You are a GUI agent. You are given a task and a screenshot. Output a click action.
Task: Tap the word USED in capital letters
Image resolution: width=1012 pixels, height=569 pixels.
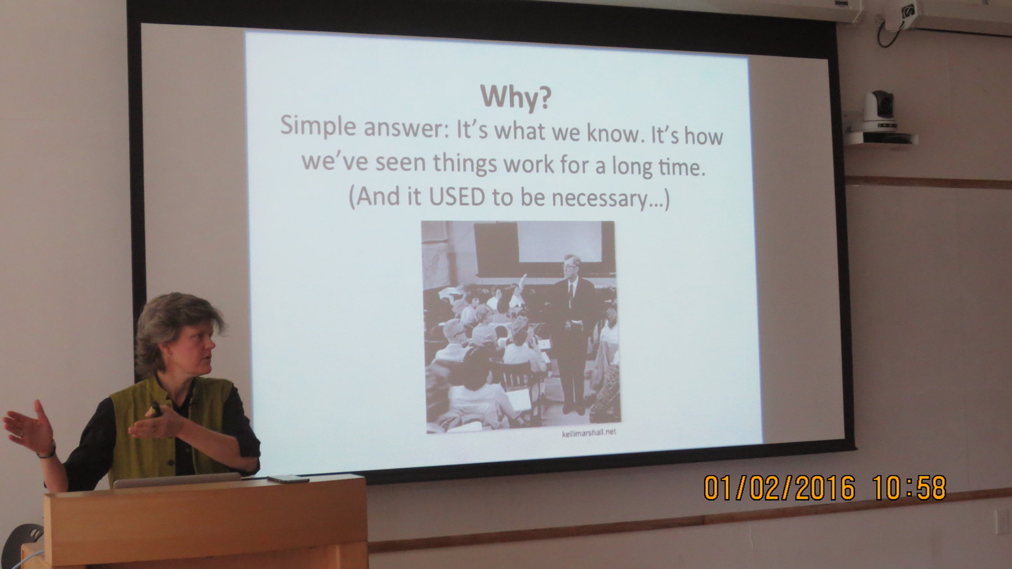point(456,197)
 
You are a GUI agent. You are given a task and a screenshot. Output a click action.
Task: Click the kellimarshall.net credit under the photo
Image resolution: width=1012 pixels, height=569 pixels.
point(589,432)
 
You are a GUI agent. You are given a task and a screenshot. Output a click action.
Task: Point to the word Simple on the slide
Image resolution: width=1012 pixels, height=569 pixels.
point(318,126)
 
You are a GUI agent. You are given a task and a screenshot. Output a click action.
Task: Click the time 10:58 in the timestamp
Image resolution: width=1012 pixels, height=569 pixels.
point(910,487)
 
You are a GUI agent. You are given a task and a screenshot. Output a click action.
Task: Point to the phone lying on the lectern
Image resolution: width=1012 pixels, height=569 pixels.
point(288,479)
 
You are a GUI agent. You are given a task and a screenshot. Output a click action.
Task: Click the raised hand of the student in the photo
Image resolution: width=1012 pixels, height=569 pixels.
point(522,282)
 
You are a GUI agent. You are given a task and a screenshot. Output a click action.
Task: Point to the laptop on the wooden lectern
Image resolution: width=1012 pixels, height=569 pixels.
point(176,480)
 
